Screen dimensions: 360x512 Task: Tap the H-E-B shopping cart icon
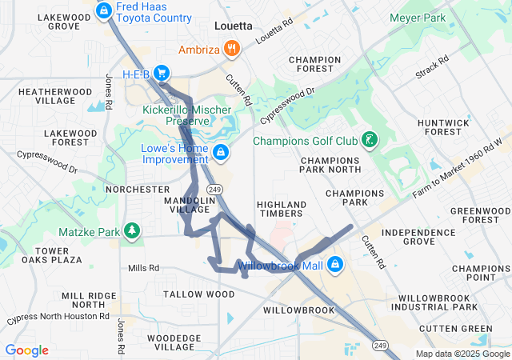click(x=162, y=73)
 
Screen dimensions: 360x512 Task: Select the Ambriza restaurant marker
click(x=232, y=48)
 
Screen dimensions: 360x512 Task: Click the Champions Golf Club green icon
click(x=368, y=141)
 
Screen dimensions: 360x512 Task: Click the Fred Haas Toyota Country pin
click(x=103, y=10)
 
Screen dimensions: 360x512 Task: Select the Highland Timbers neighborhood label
click(x=280, y=208)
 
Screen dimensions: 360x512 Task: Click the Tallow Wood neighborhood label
click(x=199, y=294)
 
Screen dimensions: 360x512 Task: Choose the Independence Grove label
click(x=418, y=236)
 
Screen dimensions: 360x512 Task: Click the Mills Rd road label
click(x=143, y=267)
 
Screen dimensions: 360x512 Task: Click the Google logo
click(x=26, y=350)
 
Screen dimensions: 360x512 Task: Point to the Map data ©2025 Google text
click(x=462, y=354)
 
